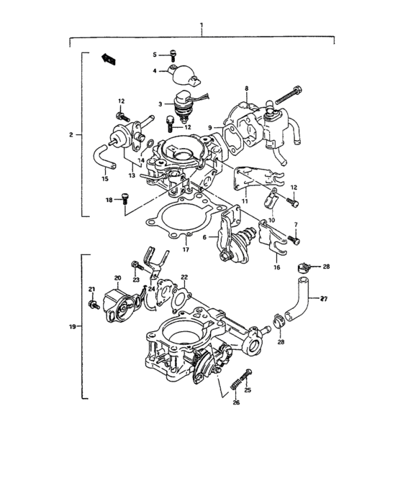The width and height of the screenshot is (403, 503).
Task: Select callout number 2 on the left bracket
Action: pos(71,134)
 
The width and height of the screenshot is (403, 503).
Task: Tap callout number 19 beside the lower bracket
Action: pos(71,327)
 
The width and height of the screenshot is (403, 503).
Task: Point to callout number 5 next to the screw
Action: pos(154,55)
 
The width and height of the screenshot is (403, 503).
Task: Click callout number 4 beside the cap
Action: pos(154,70)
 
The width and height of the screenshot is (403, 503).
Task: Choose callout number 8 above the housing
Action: pos(246,88)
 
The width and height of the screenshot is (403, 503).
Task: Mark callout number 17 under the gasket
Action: pos(186,249)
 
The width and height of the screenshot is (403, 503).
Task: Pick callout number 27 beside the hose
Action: pos(324,298)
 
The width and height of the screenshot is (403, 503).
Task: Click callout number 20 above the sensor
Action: pos(117,278)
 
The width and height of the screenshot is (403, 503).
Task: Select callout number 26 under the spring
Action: pos(235,402)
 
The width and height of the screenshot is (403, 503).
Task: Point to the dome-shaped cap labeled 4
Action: pos(174,70)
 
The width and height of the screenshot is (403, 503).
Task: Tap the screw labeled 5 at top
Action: pos(173,53)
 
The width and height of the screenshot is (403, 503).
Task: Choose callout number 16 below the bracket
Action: pos(276,266)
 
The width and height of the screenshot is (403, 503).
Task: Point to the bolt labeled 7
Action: pos(293,238)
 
